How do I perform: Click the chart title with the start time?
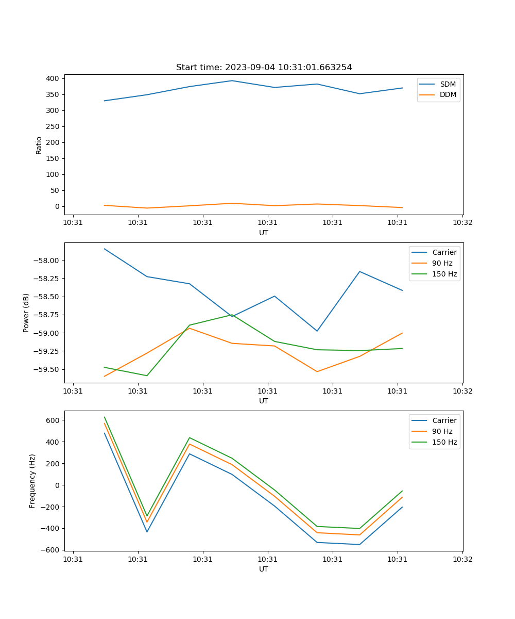(x=264, y=68)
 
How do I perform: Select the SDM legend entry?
(x=448, y=84)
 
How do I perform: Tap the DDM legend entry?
(x=448, y=95)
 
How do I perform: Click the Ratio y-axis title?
(x=39, y=145)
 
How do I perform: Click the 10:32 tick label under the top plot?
(x=462, y=223)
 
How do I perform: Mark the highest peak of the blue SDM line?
(x=232, y=80)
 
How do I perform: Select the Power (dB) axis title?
(x=26, y=313)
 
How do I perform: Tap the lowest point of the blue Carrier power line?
(x=317, y=331)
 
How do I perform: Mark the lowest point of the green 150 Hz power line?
(x=147, y=376)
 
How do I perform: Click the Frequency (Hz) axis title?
(x=32, y=481)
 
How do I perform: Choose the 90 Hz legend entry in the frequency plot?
(x=442, y=431)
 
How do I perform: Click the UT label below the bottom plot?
(x=264, y=569)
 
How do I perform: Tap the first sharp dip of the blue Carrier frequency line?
(x=147, y=532)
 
